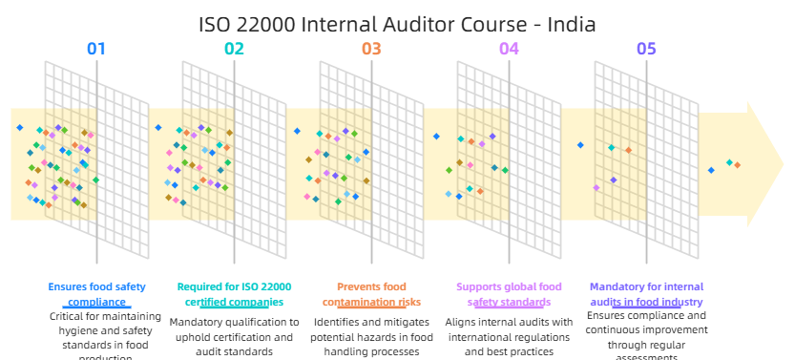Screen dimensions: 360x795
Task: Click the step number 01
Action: (x=96, y=49)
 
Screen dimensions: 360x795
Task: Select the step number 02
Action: (x=234, y=49)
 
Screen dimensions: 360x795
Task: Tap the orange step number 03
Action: (x=371, y=49)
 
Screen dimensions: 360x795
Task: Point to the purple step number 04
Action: (x=509, y=49)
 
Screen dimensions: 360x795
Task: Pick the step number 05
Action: (x=646, y=49)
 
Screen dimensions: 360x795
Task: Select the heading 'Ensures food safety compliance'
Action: (x=96, y=293)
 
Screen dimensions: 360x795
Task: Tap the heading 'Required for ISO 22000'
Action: (x=234, y=286)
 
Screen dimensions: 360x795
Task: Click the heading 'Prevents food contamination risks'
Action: (x=371, y=293)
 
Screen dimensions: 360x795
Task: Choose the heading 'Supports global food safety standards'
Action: (x=509, y=293)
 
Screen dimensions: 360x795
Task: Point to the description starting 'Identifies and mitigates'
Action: (x=371, y=336)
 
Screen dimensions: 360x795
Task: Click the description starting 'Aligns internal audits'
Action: (x=509, y=336)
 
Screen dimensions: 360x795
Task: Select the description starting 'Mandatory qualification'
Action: (x=234, y=336)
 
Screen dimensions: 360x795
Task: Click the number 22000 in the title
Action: (x=268, y=24)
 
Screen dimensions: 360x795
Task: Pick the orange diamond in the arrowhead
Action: (x=737, y=166)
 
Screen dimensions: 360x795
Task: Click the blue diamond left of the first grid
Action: (x=18, y=127)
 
